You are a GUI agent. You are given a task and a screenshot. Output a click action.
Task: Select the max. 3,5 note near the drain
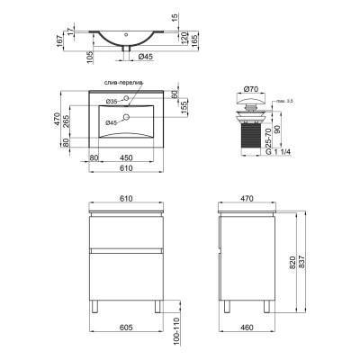coord(283,101)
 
